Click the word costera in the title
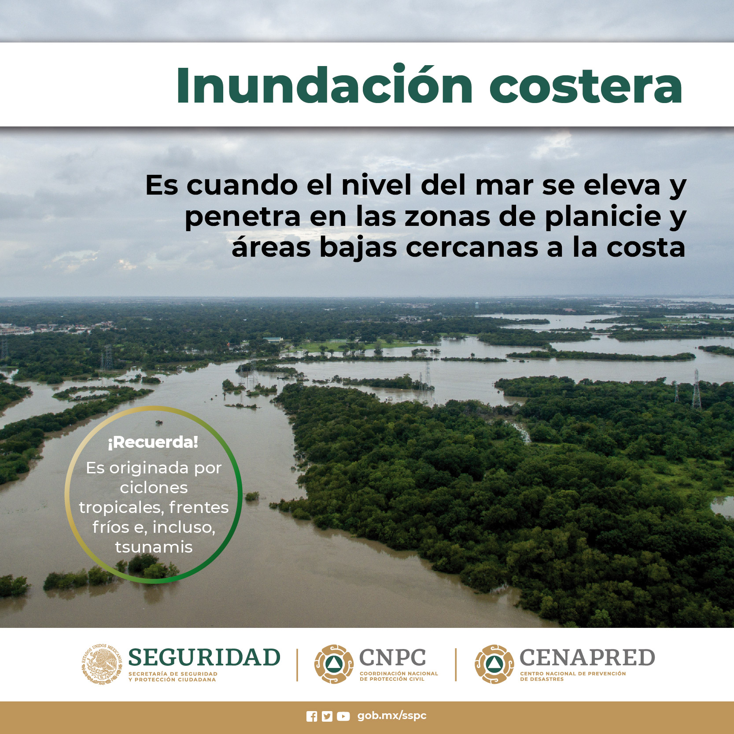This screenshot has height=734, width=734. pyautogui.click(x=586, y=87)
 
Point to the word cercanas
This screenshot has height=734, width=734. pyautogui.click(x=472, y=247)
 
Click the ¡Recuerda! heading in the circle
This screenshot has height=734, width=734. pyautogui.click(x=153, y=442)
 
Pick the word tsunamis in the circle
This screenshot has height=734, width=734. pyautogui.click(x=154, y=547)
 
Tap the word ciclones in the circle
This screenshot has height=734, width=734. pyautogui.click(x=154, y=487)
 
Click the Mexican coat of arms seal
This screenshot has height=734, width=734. pyautogui.click(x=102, y=664)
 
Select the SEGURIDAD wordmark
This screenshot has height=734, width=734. pyautogui.click(x=204, y=657)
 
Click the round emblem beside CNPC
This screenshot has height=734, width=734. pyautogui.click(x=334, y=664)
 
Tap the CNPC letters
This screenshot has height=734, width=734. pyautogui.click(x=392, y=657)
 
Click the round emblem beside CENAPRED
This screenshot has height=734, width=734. pyautogui.click(x=494, y=664)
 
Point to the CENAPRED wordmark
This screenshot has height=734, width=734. pyautogui.click(x=587, y=657)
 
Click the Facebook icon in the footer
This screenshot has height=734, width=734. pyautogui.click(x=312, y=716)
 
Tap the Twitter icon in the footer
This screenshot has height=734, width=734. pyautogui.click(x=327, y=716)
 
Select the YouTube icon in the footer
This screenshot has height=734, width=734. pyautogui.click(x=343, y=716)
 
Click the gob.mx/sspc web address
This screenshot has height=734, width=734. pyautogui.click(x=392, y=716)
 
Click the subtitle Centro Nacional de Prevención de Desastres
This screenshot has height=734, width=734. pyautogui.click(x=572, y=676)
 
